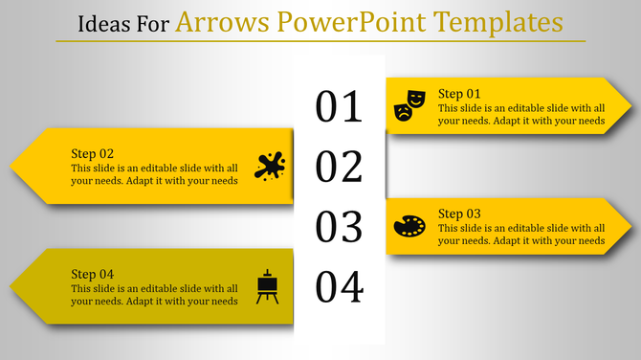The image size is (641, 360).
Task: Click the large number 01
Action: coord(340,106)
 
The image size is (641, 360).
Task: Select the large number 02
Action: coord(340,167)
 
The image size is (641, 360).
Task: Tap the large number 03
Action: coord(340,227)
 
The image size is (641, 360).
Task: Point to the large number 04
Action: coord(340,286)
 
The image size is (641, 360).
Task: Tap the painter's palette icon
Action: coord(409,226)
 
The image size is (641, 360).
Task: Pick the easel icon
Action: coord(268,286)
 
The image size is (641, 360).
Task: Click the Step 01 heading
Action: coord(459,93)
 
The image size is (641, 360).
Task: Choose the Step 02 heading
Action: coord(93,153)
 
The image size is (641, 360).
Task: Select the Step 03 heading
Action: coord(459,213)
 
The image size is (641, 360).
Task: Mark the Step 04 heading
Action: coord(93,274)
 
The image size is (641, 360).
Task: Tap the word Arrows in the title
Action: coord(216,20)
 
